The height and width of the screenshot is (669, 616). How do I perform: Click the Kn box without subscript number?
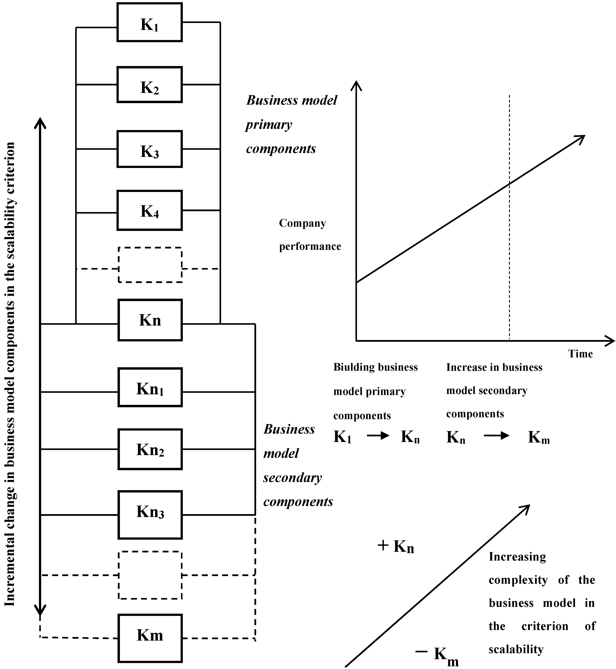150,320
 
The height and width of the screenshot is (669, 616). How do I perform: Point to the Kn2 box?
150,449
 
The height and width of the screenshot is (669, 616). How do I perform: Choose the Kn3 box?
150,515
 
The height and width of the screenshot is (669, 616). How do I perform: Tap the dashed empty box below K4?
150,265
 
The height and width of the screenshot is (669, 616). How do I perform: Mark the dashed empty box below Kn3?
150,575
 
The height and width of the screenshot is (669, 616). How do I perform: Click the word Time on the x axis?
580,354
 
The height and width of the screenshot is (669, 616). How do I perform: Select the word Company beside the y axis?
302,223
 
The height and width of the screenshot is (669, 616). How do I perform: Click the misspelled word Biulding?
354,367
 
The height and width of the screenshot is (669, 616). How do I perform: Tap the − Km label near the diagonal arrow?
437,654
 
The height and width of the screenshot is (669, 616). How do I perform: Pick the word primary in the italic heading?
269,125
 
